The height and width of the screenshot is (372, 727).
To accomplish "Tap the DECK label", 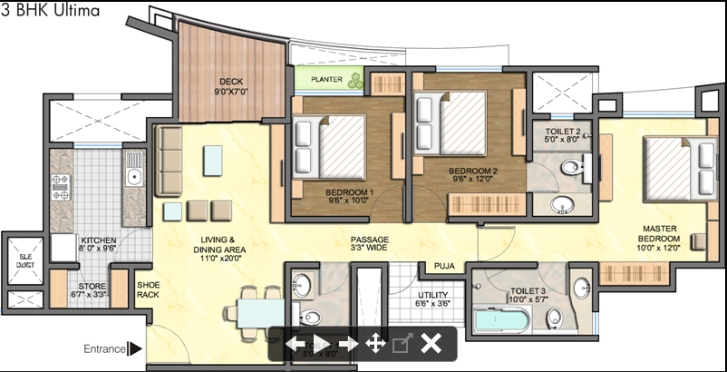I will pyautogui.click(x=207, y=86).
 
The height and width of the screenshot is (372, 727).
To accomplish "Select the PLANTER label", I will pyautogui.click(x=326, y=80).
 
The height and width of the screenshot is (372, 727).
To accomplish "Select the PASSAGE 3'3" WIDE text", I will pyautogui.click(x=370, y=242).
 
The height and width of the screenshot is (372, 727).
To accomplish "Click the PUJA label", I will pyautogui.click(x=443, y=267).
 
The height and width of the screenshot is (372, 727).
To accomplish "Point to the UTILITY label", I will pyautogui.click(x=431, y=299).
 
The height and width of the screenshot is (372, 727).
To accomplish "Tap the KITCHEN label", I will pyautogui.click(x=98, y=241).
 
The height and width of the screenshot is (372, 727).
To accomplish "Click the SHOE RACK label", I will pyautogui.click(x=148, y=289).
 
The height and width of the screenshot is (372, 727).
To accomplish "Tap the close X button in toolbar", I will pyautogui.click(x=431, y=343).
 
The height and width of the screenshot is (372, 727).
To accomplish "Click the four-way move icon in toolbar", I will pyautogui.click(x=374, y=343).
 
